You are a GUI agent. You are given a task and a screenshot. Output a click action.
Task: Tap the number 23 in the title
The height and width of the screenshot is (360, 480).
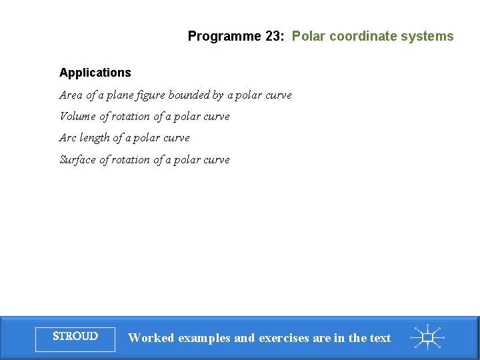(x=273, y=37)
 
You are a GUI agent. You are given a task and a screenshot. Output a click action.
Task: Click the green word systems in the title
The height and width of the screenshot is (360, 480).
(x=427, y=37)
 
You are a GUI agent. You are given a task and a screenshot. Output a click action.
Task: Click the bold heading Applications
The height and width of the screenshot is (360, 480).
(x=95, y=73)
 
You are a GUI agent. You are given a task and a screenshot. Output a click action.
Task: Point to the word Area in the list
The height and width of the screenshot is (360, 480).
(x=71, y=95)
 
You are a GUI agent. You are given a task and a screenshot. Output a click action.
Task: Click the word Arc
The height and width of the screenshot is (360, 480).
(x=68, y=138)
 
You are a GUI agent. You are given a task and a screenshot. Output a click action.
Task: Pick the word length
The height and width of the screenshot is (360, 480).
(x=95, y=138)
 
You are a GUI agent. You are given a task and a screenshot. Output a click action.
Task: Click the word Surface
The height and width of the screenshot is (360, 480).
(x=78, y=160)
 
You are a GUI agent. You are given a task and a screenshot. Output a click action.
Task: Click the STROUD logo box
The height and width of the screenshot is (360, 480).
(x=75, y=337)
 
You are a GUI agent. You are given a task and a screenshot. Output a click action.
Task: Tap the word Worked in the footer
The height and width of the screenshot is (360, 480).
(x=151, y=338)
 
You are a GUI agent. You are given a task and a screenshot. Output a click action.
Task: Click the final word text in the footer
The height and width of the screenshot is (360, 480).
(x=380, y=338)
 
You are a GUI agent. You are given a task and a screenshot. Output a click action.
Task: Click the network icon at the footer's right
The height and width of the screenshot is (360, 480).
(x=428, y=337)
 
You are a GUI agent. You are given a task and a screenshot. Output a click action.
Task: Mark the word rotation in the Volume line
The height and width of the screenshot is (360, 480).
(x=131, y=117)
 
